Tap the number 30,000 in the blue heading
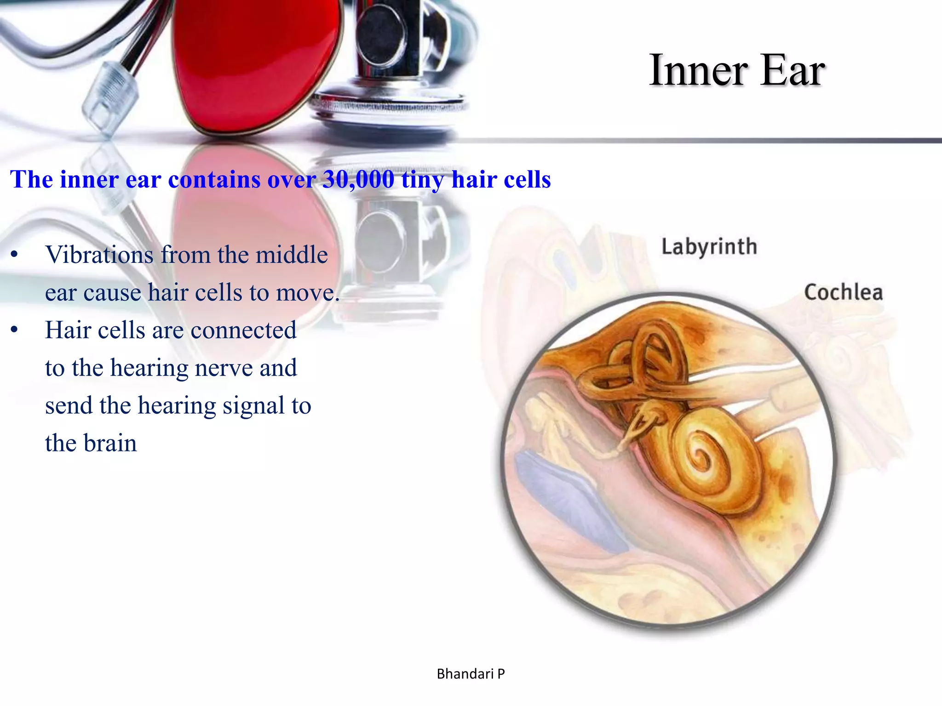click(x=358, y=180)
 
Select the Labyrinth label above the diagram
click(x=709, y=247)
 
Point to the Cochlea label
click(x=843, y=292)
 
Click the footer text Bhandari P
click(x=471, y=674)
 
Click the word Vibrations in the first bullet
click(x=99, y=255)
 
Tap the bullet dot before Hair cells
click(x=14, y=330)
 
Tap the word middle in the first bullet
click(x=292, y=255)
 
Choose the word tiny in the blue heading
click(x=423, y=180)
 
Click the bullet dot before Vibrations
click(x=14, y=255)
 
